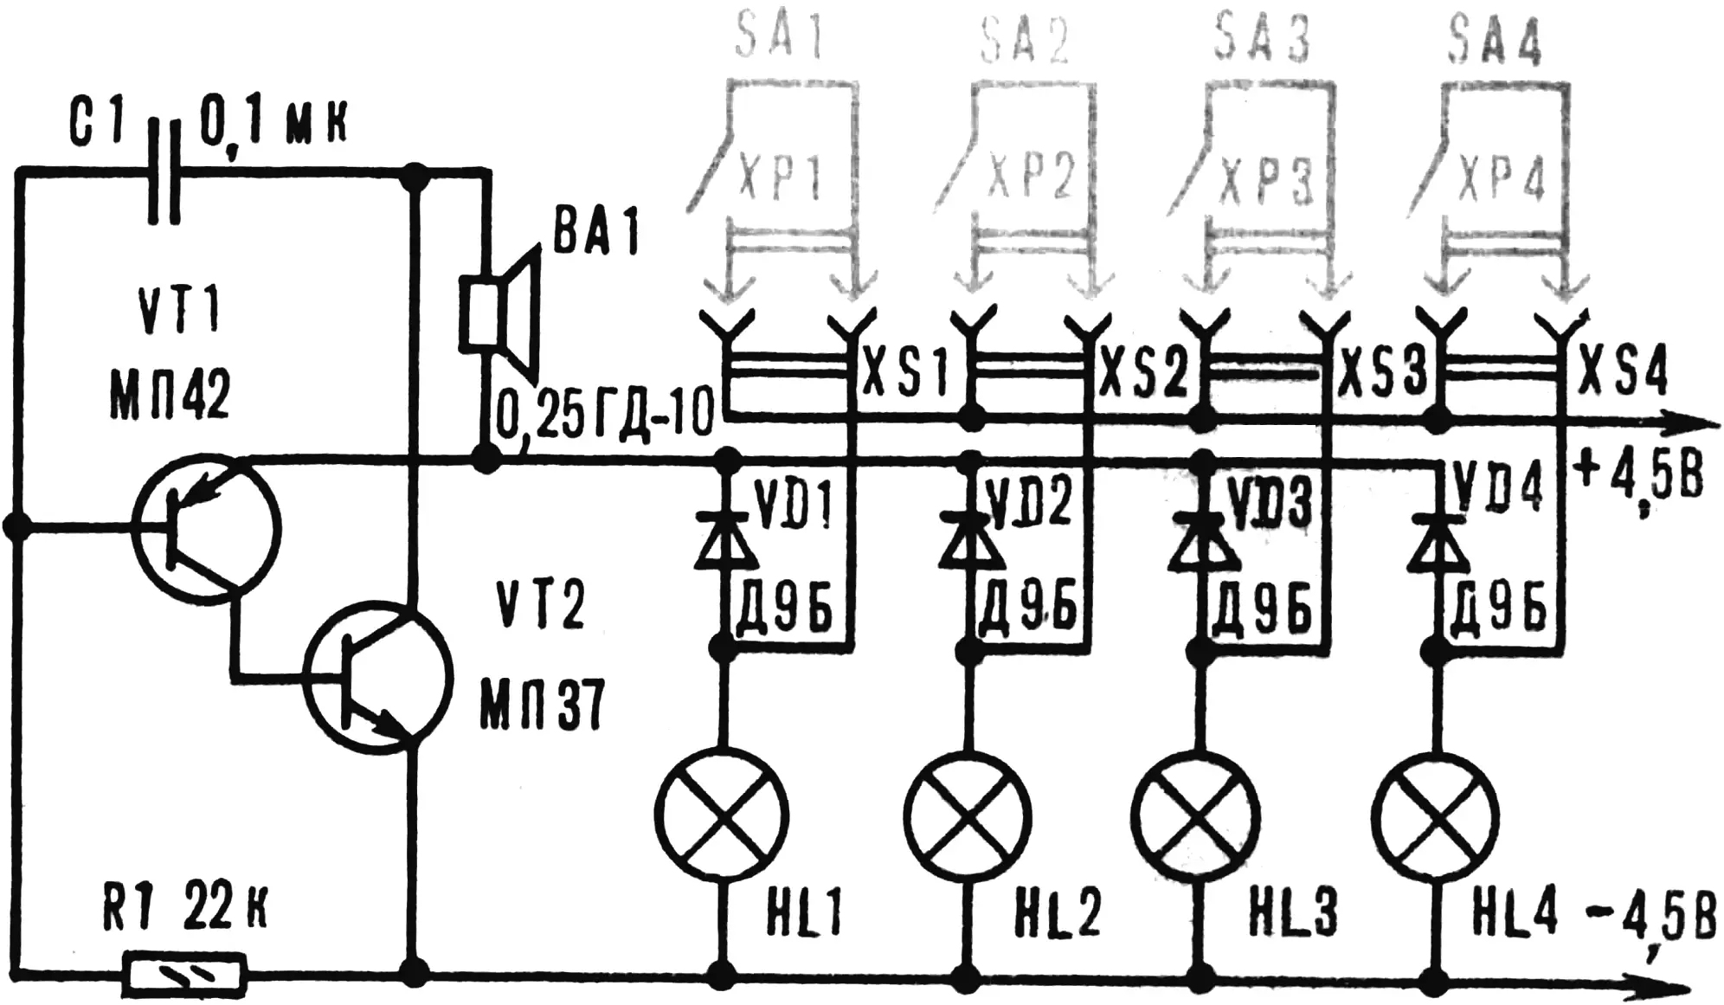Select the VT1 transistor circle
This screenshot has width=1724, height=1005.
(x=206, y=527)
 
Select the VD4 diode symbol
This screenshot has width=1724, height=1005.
(x=1437, y=541)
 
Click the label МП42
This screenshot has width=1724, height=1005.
(x=170, y=394)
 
